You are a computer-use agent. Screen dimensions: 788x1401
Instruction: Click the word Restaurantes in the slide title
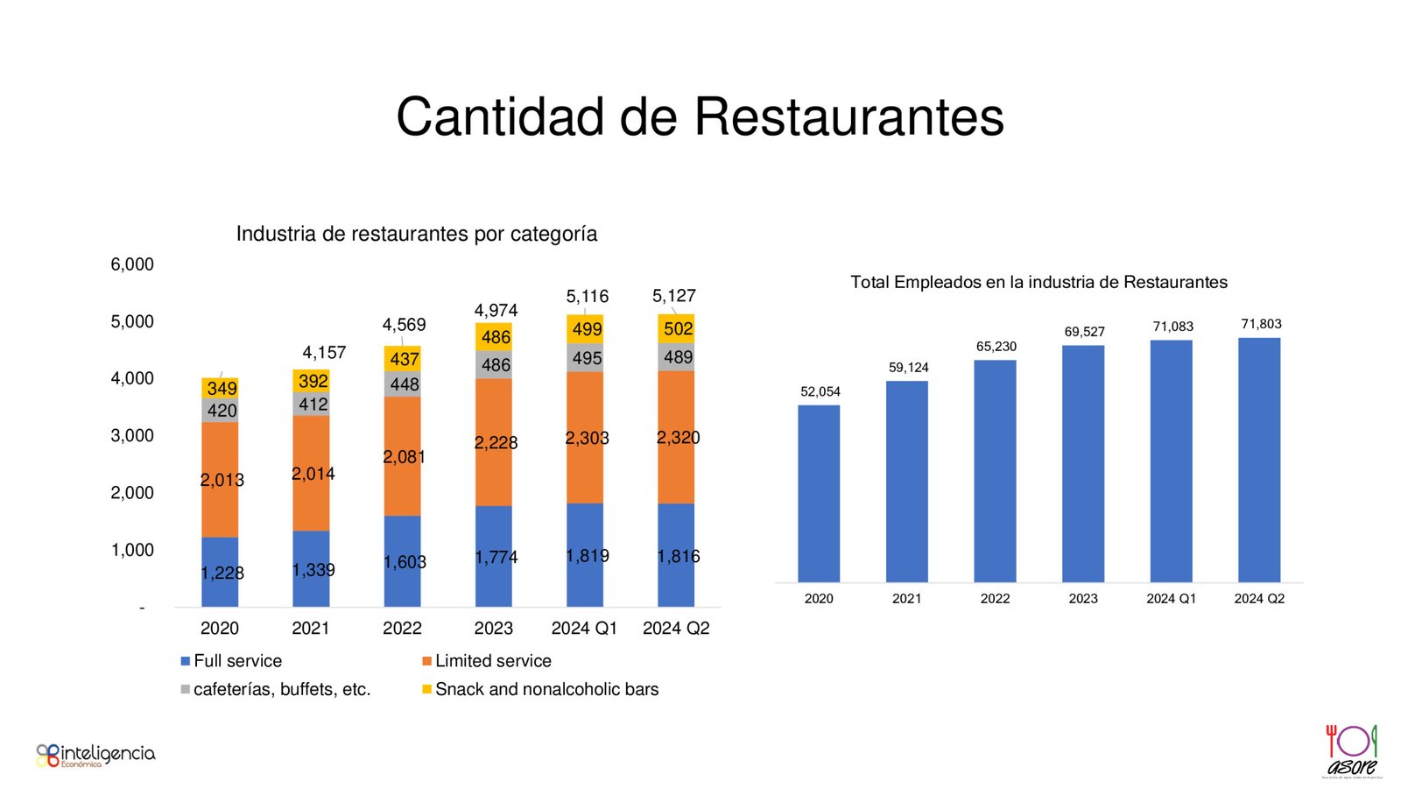click(848, 117)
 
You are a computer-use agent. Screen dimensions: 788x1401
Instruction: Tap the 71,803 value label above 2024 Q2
click(1261, 324)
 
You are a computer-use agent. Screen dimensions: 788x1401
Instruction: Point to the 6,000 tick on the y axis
click(132, 264)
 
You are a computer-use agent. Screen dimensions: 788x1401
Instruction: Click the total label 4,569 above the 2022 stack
click(404, 325)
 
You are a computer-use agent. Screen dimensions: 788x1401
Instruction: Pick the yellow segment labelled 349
click(220, 387)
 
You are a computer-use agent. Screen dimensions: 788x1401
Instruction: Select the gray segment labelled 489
click(676, 357)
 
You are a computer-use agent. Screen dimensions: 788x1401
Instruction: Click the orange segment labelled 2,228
click(494, 442)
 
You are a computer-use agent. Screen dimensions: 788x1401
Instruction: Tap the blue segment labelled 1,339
click(311, 569)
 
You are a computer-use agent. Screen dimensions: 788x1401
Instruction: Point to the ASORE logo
click(1351, 750)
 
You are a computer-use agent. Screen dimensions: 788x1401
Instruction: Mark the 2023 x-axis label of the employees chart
click(1083, 599)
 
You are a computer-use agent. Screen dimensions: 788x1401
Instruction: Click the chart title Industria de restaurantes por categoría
click(417, 234)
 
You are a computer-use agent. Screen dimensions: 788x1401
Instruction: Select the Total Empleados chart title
click(1038, 282)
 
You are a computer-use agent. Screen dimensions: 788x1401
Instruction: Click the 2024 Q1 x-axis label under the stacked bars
click(584, 628)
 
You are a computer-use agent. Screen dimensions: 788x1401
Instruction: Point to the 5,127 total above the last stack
click(674, 296)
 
